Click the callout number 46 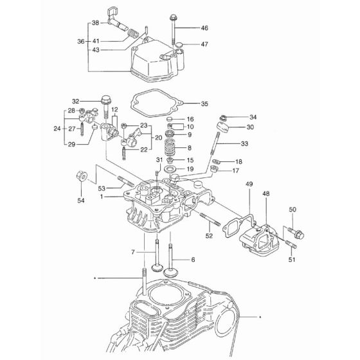[x=204, y=28]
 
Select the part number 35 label [x=204, y=104]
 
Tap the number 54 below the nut [x=81, y=201]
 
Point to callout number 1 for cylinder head [x=102, y=197]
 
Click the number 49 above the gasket [x=249, y=184]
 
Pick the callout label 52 [x=209, y=236]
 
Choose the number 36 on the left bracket [x=81, y=42]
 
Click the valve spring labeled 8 [x=171, y=147]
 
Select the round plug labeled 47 [x=179, y=44]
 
